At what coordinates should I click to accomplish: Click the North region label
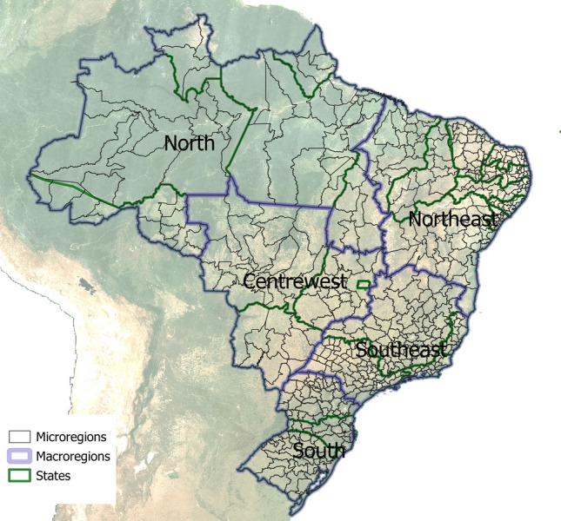[x=189, y=143]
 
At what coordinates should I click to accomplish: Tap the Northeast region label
[x=452, y=219]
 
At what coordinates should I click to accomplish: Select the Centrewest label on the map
[x=294, y=282]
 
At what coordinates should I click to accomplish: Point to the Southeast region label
[x=401, y=351]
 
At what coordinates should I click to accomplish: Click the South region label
[x=318, y=452]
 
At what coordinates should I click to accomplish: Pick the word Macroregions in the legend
[x=73, y=456]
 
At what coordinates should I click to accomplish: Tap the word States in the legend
[x=53, y=475]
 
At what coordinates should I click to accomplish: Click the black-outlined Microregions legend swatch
[x=19, y=437]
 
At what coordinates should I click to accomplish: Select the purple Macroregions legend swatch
[x=19, y=456]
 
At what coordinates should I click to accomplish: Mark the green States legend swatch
[x=19, y=475]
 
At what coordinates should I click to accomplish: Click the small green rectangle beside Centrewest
[x=364, y=283]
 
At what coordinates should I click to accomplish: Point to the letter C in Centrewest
[x=250, y=282]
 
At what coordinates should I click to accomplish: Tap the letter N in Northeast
[x=415, y=219]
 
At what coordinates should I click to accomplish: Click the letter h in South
[x=339, y=452]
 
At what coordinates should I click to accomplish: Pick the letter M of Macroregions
[x=42, y=456]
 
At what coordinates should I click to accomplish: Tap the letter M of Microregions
[x=42, y=437]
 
